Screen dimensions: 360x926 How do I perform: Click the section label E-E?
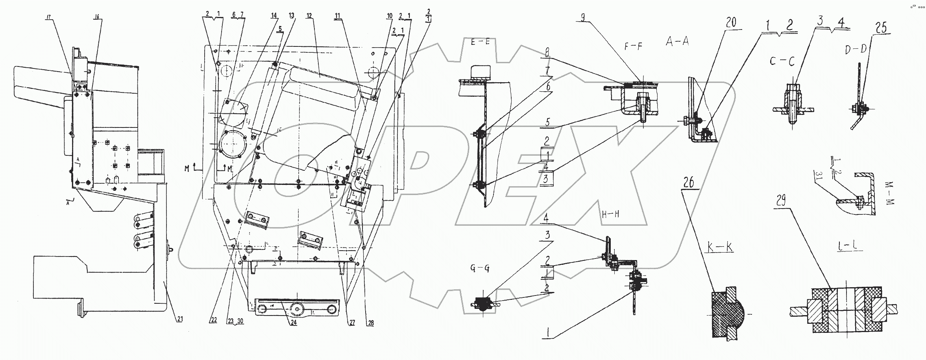[x=480, y=54]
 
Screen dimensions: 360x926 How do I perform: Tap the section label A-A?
[x=677, y=42]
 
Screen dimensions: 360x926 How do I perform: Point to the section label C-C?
[x=780, y=62]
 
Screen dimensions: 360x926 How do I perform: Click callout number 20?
[x=731, y=22]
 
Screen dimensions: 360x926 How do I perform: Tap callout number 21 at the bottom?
[x=179, y=319]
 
